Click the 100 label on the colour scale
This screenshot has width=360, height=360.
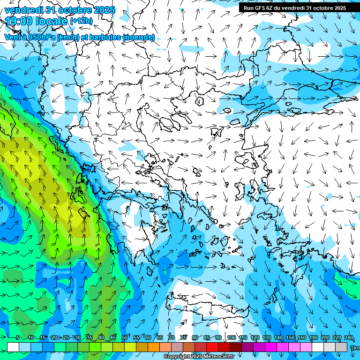(231, 338)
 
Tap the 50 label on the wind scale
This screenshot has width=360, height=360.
(125, 338)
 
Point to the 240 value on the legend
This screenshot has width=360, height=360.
(349, 338)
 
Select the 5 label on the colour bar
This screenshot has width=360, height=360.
(18, 338)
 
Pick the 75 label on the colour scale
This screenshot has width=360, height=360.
(183, 338)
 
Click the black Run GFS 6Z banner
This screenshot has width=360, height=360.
(294, 8)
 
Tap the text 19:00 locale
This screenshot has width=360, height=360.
(36, 21)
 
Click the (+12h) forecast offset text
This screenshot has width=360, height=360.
(81, 21)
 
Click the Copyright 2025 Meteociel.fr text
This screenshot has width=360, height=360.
(199, 357)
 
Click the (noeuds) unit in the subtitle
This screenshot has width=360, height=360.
(138, 37)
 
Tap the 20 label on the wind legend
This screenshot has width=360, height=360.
(54, 338)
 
